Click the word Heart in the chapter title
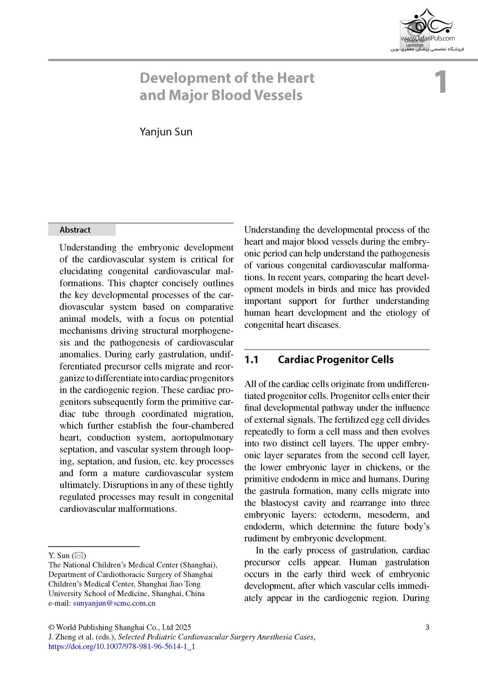click(x=295, y=78)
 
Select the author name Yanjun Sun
click(x=166, y=132)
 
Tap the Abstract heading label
click(x=75, y=230)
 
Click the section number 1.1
click(x=251, y=360)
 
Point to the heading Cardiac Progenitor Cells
click(x=336, y=360)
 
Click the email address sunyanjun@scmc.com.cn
click(x=114, y=604)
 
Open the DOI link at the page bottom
click(x=122, y=647)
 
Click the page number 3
click(x=427, y=627)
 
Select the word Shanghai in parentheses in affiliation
click(x=198, y=565)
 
